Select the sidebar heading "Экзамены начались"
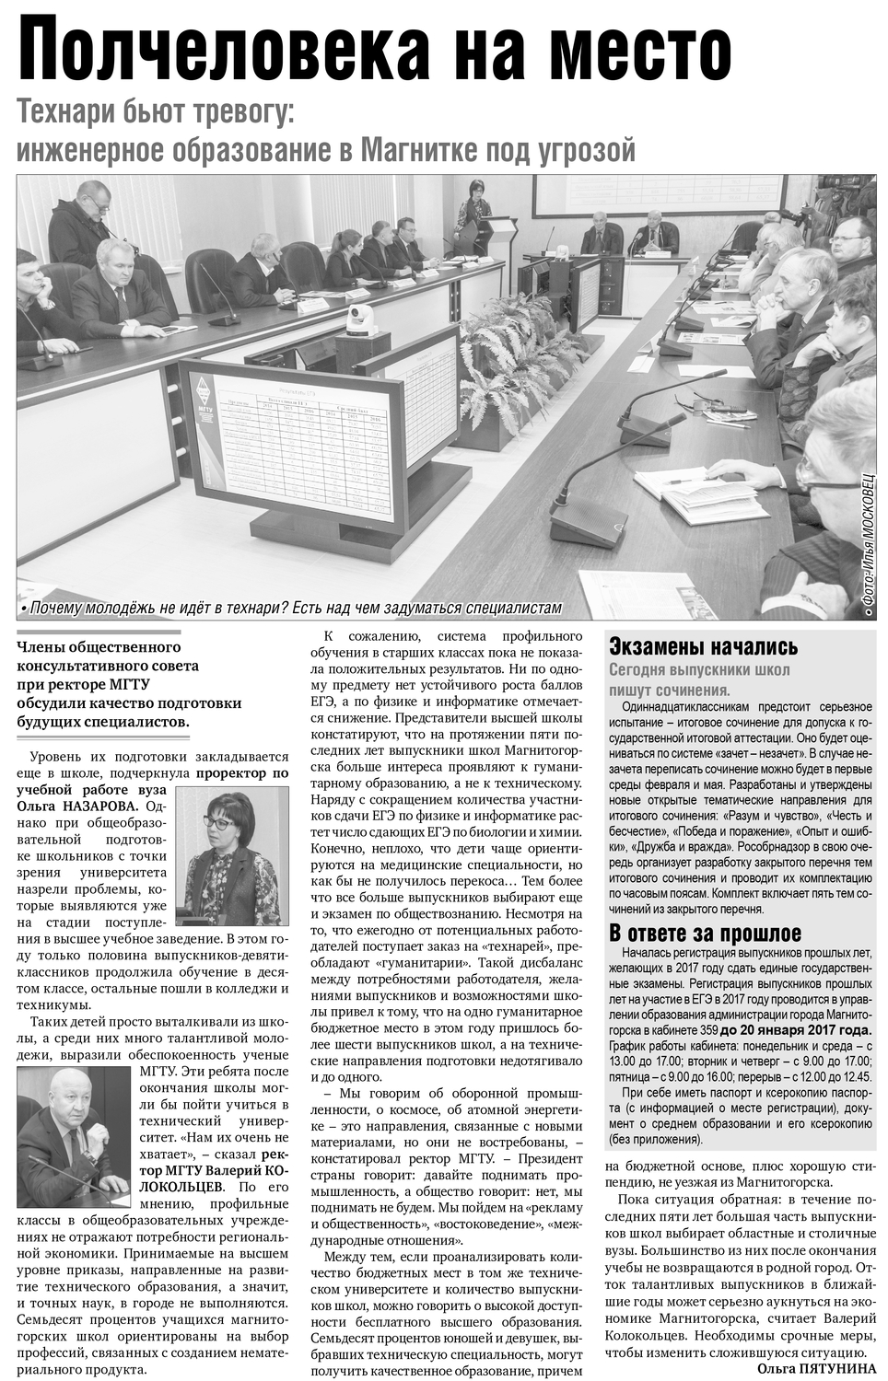tap(704, 646)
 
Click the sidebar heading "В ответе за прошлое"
tap(706, 933)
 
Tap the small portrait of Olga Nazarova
tap(231, 857)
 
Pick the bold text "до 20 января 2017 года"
tap(795, 1029)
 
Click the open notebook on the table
tap(709, 497)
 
